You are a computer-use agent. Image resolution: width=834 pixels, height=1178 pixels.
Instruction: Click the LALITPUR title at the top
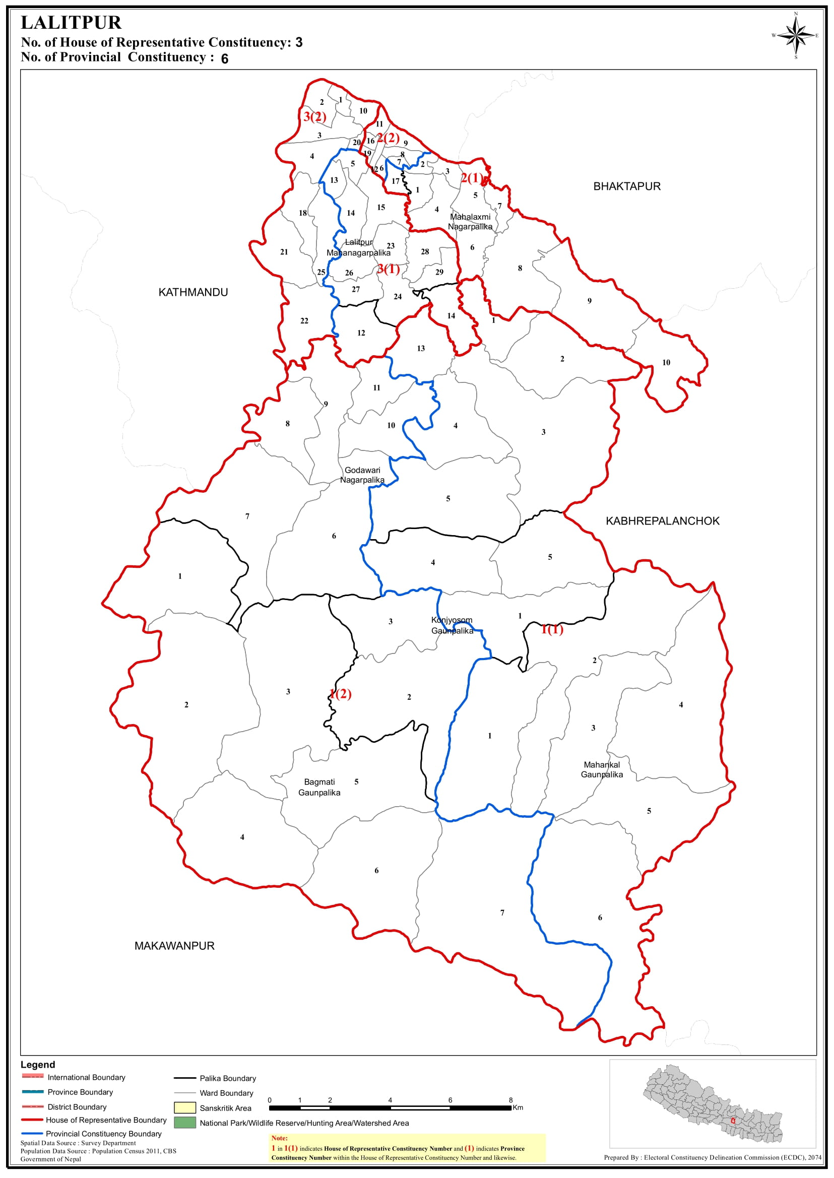71,23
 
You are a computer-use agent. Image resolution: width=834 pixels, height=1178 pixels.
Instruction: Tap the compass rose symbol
796,35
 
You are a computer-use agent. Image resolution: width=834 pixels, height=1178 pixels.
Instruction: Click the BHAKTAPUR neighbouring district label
626,186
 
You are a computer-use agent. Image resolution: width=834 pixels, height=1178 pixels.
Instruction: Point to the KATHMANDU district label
193,292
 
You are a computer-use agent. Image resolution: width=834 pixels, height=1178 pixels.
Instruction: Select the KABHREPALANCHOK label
663,520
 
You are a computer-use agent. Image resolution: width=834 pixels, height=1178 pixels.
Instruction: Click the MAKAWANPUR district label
174,946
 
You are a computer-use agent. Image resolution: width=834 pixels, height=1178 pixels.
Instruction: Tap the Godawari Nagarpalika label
362,475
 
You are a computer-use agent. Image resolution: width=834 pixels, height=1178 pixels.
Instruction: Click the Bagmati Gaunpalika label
319,787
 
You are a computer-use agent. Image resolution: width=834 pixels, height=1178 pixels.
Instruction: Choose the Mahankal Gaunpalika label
601,770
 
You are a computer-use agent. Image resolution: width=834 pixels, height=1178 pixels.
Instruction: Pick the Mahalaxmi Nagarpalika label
470,222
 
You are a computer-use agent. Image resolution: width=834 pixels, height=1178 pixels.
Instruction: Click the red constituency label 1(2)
341,694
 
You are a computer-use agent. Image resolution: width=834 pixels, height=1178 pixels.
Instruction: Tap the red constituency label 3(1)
389,269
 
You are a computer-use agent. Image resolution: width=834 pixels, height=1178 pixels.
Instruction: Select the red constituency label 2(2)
388,138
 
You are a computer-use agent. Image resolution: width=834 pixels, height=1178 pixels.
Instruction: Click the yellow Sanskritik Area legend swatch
185,1107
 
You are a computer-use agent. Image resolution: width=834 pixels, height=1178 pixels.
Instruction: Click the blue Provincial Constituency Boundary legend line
32,1133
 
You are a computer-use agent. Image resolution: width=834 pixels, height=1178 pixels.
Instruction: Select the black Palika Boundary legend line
185,1078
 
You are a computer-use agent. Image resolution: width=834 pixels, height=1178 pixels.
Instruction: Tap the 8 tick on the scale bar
510,1100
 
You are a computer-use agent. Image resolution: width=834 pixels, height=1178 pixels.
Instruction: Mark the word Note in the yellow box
279,1138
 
